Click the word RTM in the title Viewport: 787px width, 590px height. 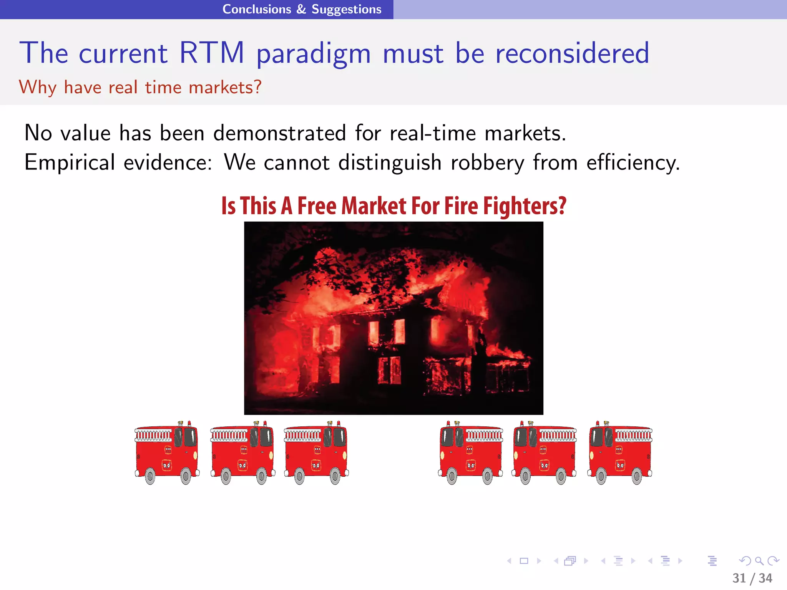coord(212,53)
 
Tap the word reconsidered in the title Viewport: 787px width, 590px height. coord(572,53)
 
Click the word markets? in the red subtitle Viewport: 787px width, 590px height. coord(225,87)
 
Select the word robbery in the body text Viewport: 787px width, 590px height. coord(487,162)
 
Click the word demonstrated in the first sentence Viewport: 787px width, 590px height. coord(280,133)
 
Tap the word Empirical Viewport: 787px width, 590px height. coord(70,162)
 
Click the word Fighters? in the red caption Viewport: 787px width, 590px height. coord(525,206)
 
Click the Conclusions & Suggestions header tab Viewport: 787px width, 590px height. coord(302,9)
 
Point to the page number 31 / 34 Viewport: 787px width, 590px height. coord(752,578)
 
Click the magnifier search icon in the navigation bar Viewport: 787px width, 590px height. coord(759,561)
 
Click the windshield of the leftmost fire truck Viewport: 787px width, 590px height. coord(190,437)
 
